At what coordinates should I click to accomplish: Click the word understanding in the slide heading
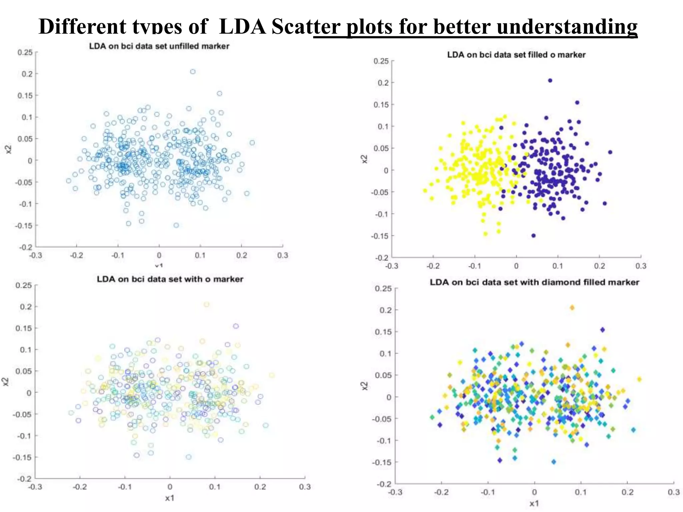coord(567,26)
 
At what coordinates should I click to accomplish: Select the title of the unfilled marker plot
coord(159,46)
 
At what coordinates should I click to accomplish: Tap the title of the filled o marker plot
coord(516,55)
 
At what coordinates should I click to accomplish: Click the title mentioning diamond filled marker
coord(534,282)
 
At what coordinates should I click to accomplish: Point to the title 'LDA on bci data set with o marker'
coord(170,279)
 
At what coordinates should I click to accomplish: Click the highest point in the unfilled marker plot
coord(193,72)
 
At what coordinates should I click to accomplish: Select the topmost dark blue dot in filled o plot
coord(550,80)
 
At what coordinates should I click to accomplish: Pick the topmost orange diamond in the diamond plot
coord(572,308)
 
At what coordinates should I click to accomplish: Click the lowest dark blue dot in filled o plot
coord(533,236)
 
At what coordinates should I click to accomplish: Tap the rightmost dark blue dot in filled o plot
coord(610,152)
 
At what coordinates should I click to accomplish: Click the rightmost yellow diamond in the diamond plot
coord(639,379)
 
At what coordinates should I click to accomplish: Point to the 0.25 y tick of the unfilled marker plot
coord(25,52)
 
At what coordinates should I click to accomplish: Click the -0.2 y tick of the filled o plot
coord(382,258)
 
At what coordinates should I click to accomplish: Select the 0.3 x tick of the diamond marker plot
coord(673,492)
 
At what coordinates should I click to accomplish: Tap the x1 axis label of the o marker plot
coord(170,498)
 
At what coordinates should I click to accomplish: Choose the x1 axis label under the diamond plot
coord(534,503)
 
